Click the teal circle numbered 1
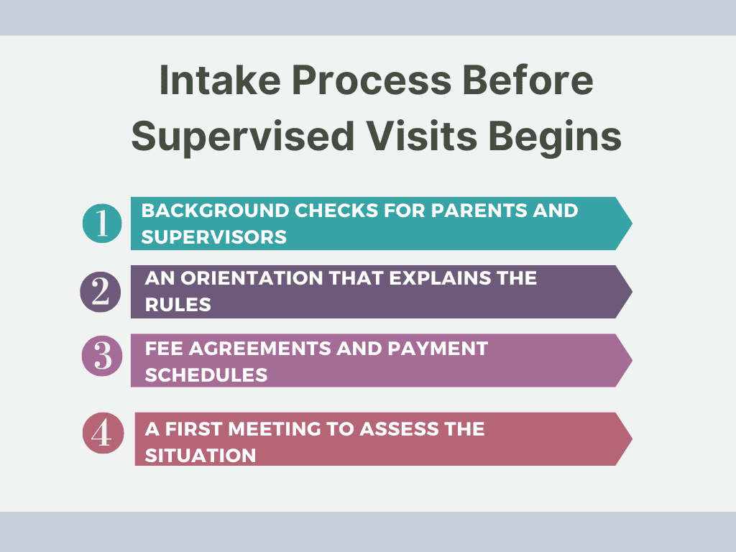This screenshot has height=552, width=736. click(102, 223)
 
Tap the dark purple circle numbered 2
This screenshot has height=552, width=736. click(101, 292)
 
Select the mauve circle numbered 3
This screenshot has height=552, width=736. click(102, 356)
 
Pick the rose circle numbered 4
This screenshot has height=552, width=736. click(103, 433)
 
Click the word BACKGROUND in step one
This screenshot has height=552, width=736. click(215, 211)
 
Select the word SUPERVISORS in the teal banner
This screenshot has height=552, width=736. click(214, 237)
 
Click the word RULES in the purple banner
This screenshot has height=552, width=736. click(178, 305)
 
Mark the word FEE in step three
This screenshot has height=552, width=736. click(165, 349)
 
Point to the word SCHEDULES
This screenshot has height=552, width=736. click(206, 375)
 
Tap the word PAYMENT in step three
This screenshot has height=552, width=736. click(438, 349)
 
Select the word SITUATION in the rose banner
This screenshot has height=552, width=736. click(201, 456)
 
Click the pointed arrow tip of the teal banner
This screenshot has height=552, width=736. click(632, 224)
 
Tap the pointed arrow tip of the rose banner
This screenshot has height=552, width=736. click(632, 439)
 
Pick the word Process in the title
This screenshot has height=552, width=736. click(372, 80)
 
